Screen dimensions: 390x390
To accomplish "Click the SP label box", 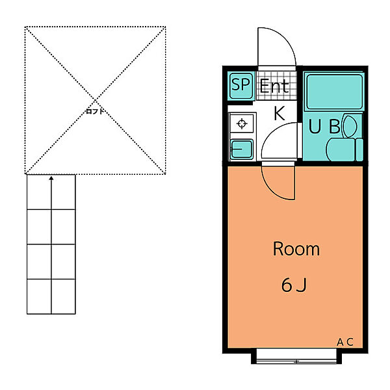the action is (x=240, y=86).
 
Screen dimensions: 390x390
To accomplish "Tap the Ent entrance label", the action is (x=274, y=86).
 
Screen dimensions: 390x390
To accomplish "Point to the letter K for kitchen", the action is (x=279, y=113).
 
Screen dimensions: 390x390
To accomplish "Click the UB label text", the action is (x=324, y=126).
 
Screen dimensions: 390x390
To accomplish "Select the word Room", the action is (x=296, y=249).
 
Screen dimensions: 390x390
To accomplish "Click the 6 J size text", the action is (x=294, y=285).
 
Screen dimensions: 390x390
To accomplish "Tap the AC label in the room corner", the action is (x=345, y=343).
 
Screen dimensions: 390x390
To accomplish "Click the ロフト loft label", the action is (x=95, y=111).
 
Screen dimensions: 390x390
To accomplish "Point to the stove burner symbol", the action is (x=242, y=123).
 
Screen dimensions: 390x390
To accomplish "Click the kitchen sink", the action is (x=242, y=149).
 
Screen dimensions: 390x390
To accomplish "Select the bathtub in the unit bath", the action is (x=335, y=92).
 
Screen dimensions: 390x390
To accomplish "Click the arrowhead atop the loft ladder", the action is (x=51, y=178).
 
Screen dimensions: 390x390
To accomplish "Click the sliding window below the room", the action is (x=296, y=356).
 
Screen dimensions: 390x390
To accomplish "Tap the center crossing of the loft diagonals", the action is (x=95, y=100).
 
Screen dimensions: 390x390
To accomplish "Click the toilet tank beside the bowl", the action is (x=359, y=149).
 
